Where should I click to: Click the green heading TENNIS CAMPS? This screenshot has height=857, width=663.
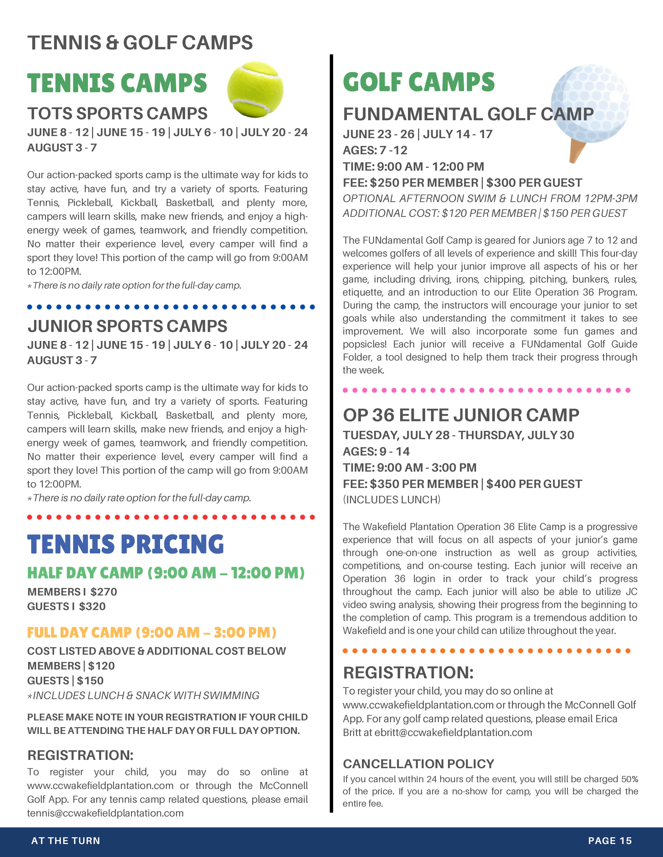pyautogui.click(x=117, y=83)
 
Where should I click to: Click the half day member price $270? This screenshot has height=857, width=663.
pyautogui.click(x=104, y=592)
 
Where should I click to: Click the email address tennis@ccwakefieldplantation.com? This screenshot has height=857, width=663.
pyautogui.click(x=105, y=813)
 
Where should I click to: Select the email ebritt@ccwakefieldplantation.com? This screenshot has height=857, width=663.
pyautogui.click(x=453, y=733)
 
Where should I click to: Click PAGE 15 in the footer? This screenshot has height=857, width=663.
pyautogui.click(x=610, y=841)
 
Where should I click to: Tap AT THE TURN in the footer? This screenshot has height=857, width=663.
pyautogui.click(x=66, y=841)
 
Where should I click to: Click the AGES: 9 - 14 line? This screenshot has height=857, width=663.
pyautogui.click(x=376, y=451)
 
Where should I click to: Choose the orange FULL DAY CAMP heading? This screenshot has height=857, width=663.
pyautogui.click(x=152, y=633)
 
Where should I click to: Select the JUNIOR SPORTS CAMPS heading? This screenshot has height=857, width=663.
pyautogui.click(x=127, y=326)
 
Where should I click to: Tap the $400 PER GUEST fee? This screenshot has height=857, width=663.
pyautogui.click(x=534, y=484)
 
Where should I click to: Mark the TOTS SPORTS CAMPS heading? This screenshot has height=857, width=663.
pyautogui.click(x=117, y=113)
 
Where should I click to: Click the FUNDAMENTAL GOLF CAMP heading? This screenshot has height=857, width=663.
pyautogui.click(x=468, y=114)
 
